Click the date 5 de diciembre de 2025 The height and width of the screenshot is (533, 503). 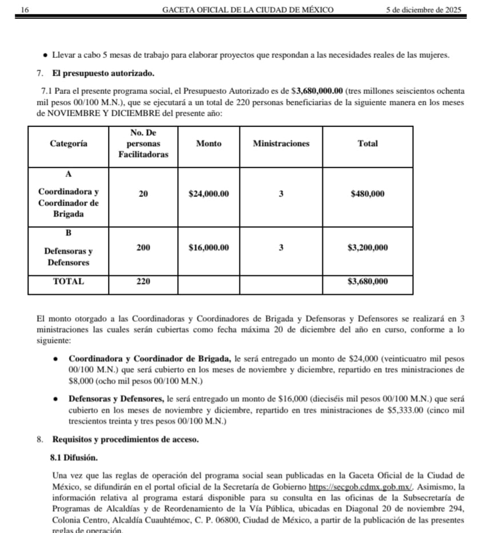(424, 10)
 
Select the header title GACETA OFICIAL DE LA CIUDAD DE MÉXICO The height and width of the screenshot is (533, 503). (248, 10)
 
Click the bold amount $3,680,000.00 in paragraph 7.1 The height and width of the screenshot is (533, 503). (317, 92)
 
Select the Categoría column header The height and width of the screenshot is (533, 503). (69, 144)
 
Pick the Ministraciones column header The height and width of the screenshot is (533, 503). (281, 144)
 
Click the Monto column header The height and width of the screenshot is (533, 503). (209, 144)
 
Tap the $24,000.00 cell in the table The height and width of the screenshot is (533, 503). (209, 194)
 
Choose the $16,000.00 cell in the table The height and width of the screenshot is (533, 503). (209, 248)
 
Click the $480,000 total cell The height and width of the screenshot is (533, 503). (368, 194)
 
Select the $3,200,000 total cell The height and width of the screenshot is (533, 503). (368, 248)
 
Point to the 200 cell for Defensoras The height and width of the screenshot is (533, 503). (143, 248)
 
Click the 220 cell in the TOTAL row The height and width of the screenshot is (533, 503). (143, 281)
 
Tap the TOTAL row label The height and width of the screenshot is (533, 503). (69, 281)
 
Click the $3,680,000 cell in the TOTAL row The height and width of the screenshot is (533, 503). (368, 281)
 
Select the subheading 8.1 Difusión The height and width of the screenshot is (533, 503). (74, 458)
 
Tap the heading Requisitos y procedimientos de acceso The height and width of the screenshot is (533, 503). (125, 440)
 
